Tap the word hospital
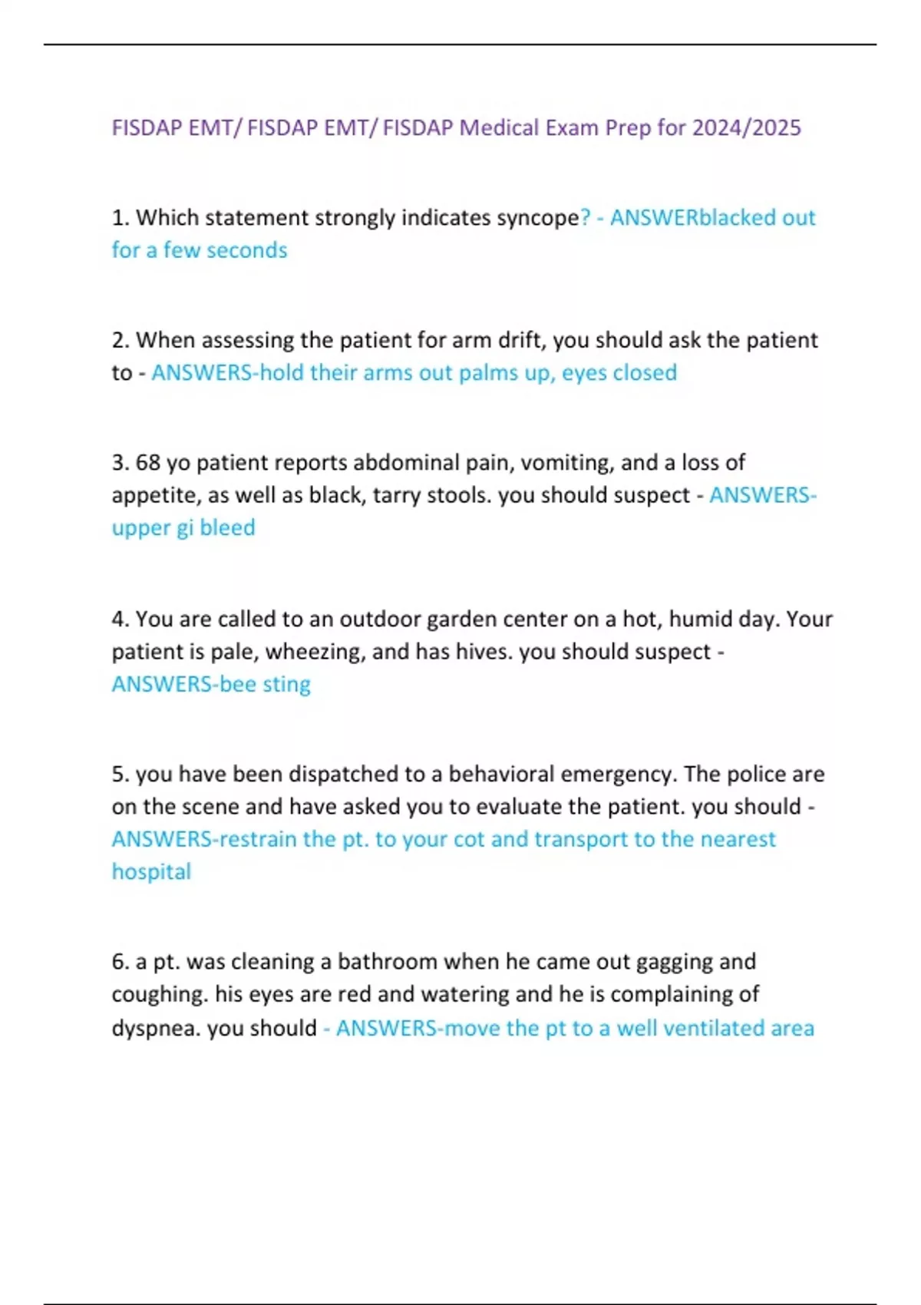tap(151, 872)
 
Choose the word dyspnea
tap(156, 1028)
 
